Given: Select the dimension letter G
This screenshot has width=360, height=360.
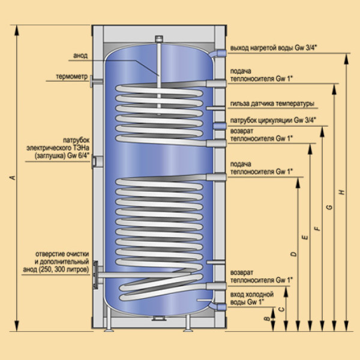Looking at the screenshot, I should tap(329, 207).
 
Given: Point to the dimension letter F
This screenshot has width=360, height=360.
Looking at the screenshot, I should tap(317, 228).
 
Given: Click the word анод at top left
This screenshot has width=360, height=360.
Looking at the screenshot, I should tap(80, 55).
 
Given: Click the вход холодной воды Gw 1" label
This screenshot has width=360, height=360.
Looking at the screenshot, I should tap(252, 299).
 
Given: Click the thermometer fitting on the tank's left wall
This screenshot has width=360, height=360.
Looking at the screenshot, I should tap(92, 81).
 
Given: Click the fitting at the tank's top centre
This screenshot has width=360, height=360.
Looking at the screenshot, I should tap(160, 39).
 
